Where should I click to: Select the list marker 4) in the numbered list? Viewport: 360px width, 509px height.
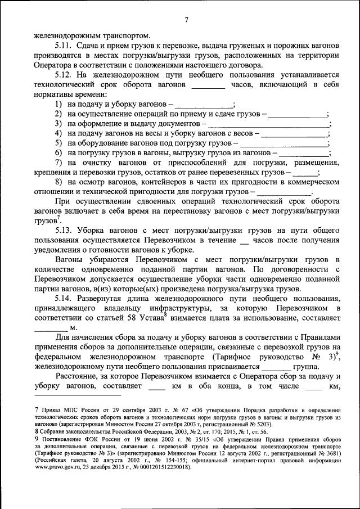click(x=58, y=133)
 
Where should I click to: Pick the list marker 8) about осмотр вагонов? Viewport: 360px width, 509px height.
click(x=58, y=182)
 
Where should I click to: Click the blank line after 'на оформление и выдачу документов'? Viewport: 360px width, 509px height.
click(x=268, y=125)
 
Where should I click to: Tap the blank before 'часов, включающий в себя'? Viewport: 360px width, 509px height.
click(x=208, y=85)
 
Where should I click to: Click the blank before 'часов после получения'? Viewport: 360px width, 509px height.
click(x=244, y=241)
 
